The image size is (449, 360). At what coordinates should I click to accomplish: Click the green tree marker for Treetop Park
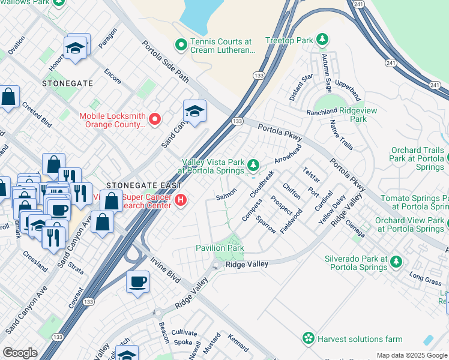click(x=323, y=40)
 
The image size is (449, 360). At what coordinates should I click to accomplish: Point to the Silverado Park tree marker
click(x=396, y=262)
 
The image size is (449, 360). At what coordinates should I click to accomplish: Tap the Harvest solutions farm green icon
click(x=309, y=338)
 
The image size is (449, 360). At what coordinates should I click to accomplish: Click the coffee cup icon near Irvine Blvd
click(x=137, y=281)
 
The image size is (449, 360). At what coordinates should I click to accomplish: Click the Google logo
click(x=20, y=353)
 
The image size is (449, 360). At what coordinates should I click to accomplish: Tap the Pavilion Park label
click(x=220, y=248)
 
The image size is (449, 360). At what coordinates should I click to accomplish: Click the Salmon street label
click(x=226, y=194)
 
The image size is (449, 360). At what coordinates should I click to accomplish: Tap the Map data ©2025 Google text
click(x=411, y=355)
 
